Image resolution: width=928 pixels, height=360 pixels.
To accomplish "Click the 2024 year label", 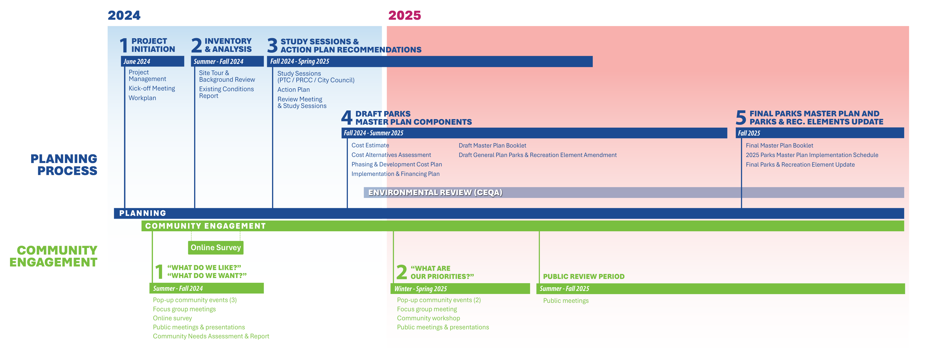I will pyautogui.click(x=124, y=16).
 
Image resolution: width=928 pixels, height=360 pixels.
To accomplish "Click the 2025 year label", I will pyautogui.click(x=405, y=16).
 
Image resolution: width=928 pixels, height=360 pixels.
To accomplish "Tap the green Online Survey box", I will pyautogui.click(x=216, y=248).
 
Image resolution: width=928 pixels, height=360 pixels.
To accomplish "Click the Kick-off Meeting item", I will pyautogui.click(x=151, y=88).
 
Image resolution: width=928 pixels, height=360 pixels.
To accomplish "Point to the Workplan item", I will pyautogui.click(x=142, y=98).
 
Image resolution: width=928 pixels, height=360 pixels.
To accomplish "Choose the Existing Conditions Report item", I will pyautogui.click(x=226, y=92).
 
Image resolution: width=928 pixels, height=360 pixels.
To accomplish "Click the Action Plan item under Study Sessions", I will pyautogui.click(x=293, y=90).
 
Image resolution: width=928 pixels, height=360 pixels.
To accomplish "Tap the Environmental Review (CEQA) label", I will pyautogui.click(x=435, y=192).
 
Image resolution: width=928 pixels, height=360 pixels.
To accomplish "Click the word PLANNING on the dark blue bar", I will pyautogui.click(x=143, y=213).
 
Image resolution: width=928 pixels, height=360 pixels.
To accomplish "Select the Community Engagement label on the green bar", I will pyautogui.click(x=205, y=226).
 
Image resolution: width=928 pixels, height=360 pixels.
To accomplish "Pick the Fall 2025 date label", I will pyautogui.click(x=749, y=133).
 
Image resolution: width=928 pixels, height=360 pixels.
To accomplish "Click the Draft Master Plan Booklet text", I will pyautogui.click(x=492, y=145).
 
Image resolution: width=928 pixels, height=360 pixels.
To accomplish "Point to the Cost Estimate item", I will pyautogui.click(x=370, y=145).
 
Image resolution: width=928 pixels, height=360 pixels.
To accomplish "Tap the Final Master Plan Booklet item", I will pyautogui.click(x=779, y=145).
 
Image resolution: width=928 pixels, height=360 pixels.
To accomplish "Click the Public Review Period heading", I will pyautogui.click(x=584, y=276).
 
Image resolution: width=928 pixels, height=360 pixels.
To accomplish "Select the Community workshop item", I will pyautogui.click(x=428, y=318).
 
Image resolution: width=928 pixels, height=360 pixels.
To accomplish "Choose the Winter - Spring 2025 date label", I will pyautogui.click(x=420, y=289).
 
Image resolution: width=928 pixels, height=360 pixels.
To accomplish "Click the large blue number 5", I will pyautogui.click(x=741, y=118).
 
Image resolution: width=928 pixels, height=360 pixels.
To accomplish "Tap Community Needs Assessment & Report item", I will pyautogui.click(x=211, y=336).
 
